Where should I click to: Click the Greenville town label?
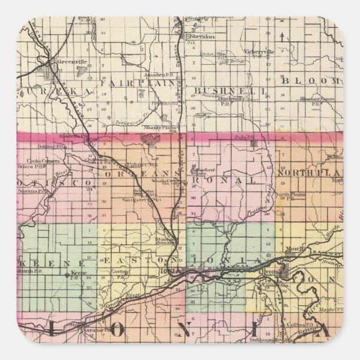coord(69,63)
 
